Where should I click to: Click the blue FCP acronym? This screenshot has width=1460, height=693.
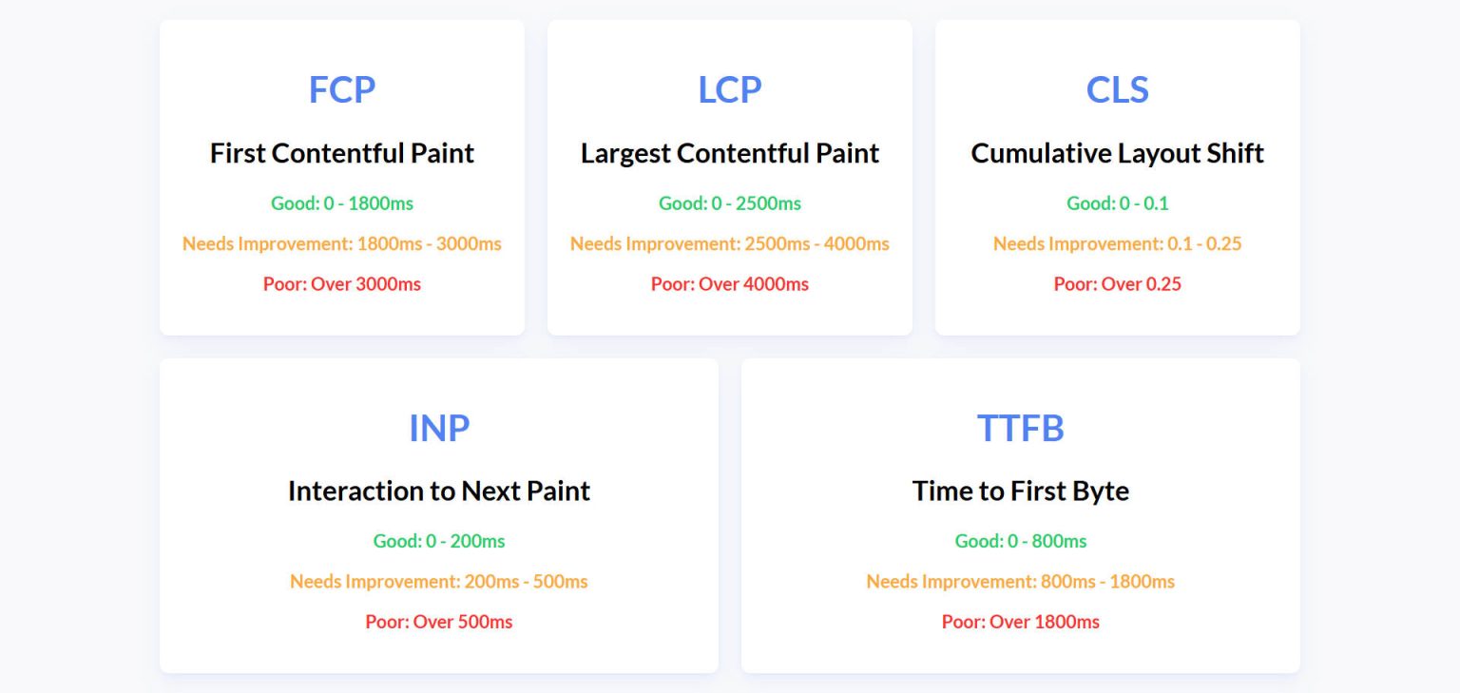point(342,89)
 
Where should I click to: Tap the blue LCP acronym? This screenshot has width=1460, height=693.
point(730,89)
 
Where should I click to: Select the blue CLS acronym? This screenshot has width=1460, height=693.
point(1118,89)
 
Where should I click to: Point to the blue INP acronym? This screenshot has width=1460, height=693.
point(439,428)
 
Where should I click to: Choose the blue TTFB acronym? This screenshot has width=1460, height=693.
point(1021,428)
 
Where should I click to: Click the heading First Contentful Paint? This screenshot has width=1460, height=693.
point(342,153)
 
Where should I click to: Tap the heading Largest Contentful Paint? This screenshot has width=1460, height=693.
point(730,153)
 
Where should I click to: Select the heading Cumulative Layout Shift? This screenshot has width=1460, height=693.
point(1118,153)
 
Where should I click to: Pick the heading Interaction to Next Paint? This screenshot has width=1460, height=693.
point(439,491)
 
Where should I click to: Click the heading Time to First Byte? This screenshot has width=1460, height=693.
point(1021,491)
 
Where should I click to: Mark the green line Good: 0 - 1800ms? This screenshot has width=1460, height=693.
point(342,203)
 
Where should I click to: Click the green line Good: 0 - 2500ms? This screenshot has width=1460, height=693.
point(730,203)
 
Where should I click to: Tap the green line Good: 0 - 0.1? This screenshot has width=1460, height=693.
point(1118,203)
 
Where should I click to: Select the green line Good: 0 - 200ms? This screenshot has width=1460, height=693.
point(439,541)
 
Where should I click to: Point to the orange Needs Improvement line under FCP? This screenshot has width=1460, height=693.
point(342,243)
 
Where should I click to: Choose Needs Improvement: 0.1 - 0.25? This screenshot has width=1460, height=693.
point(1118,243)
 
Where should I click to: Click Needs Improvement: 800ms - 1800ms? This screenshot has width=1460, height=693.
point(1021,581)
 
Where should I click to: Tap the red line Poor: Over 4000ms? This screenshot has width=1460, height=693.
point(730,284)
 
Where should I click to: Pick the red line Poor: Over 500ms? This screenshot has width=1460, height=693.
point(439,622)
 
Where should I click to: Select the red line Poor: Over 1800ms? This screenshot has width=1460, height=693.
point(1021,622)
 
